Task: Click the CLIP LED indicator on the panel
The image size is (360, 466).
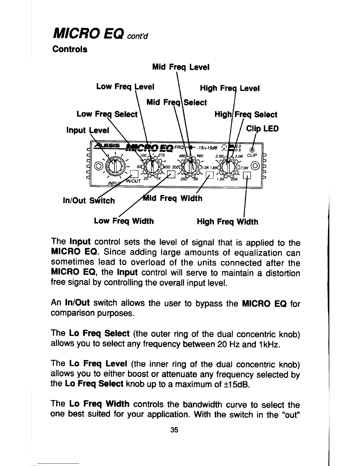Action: tap(252, 149)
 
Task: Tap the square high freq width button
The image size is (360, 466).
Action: tap(249, 176)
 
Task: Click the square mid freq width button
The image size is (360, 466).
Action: tap(209, 176)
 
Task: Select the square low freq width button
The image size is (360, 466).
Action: tap(170, 176)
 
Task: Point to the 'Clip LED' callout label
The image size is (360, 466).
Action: tap(262, 129)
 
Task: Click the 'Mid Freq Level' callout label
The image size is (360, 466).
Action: tap(181, 67)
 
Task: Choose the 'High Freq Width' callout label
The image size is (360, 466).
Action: tap(227, 222)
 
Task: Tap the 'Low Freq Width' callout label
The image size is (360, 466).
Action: tap(124, 221)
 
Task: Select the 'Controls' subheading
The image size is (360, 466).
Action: tap(70, 49)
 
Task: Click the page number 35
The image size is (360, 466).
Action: tap(174, 430)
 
